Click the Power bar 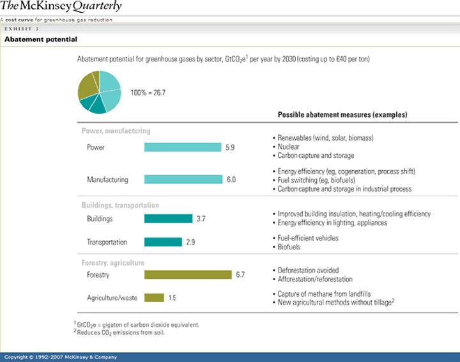tap(183, 147)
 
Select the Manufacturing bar tap(183, 179)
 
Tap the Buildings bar tap(168, 219)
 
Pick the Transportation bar tap(164, 242)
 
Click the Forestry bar tap(188, 274)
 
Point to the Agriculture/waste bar tap(154, 297)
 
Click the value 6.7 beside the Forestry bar tap(240, 275)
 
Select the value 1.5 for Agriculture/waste tap(172, 297)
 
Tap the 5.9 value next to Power tap(231, 147)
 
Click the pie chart tap(99, 93)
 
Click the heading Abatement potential tap(41, 40)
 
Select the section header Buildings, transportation tap(120, 205)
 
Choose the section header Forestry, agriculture tap(112, 262)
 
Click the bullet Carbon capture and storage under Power tap(316, 155)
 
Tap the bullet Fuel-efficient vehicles tap(308, 238)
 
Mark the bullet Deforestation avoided tap(308, 271)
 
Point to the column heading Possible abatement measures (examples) tap(342, 114)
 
